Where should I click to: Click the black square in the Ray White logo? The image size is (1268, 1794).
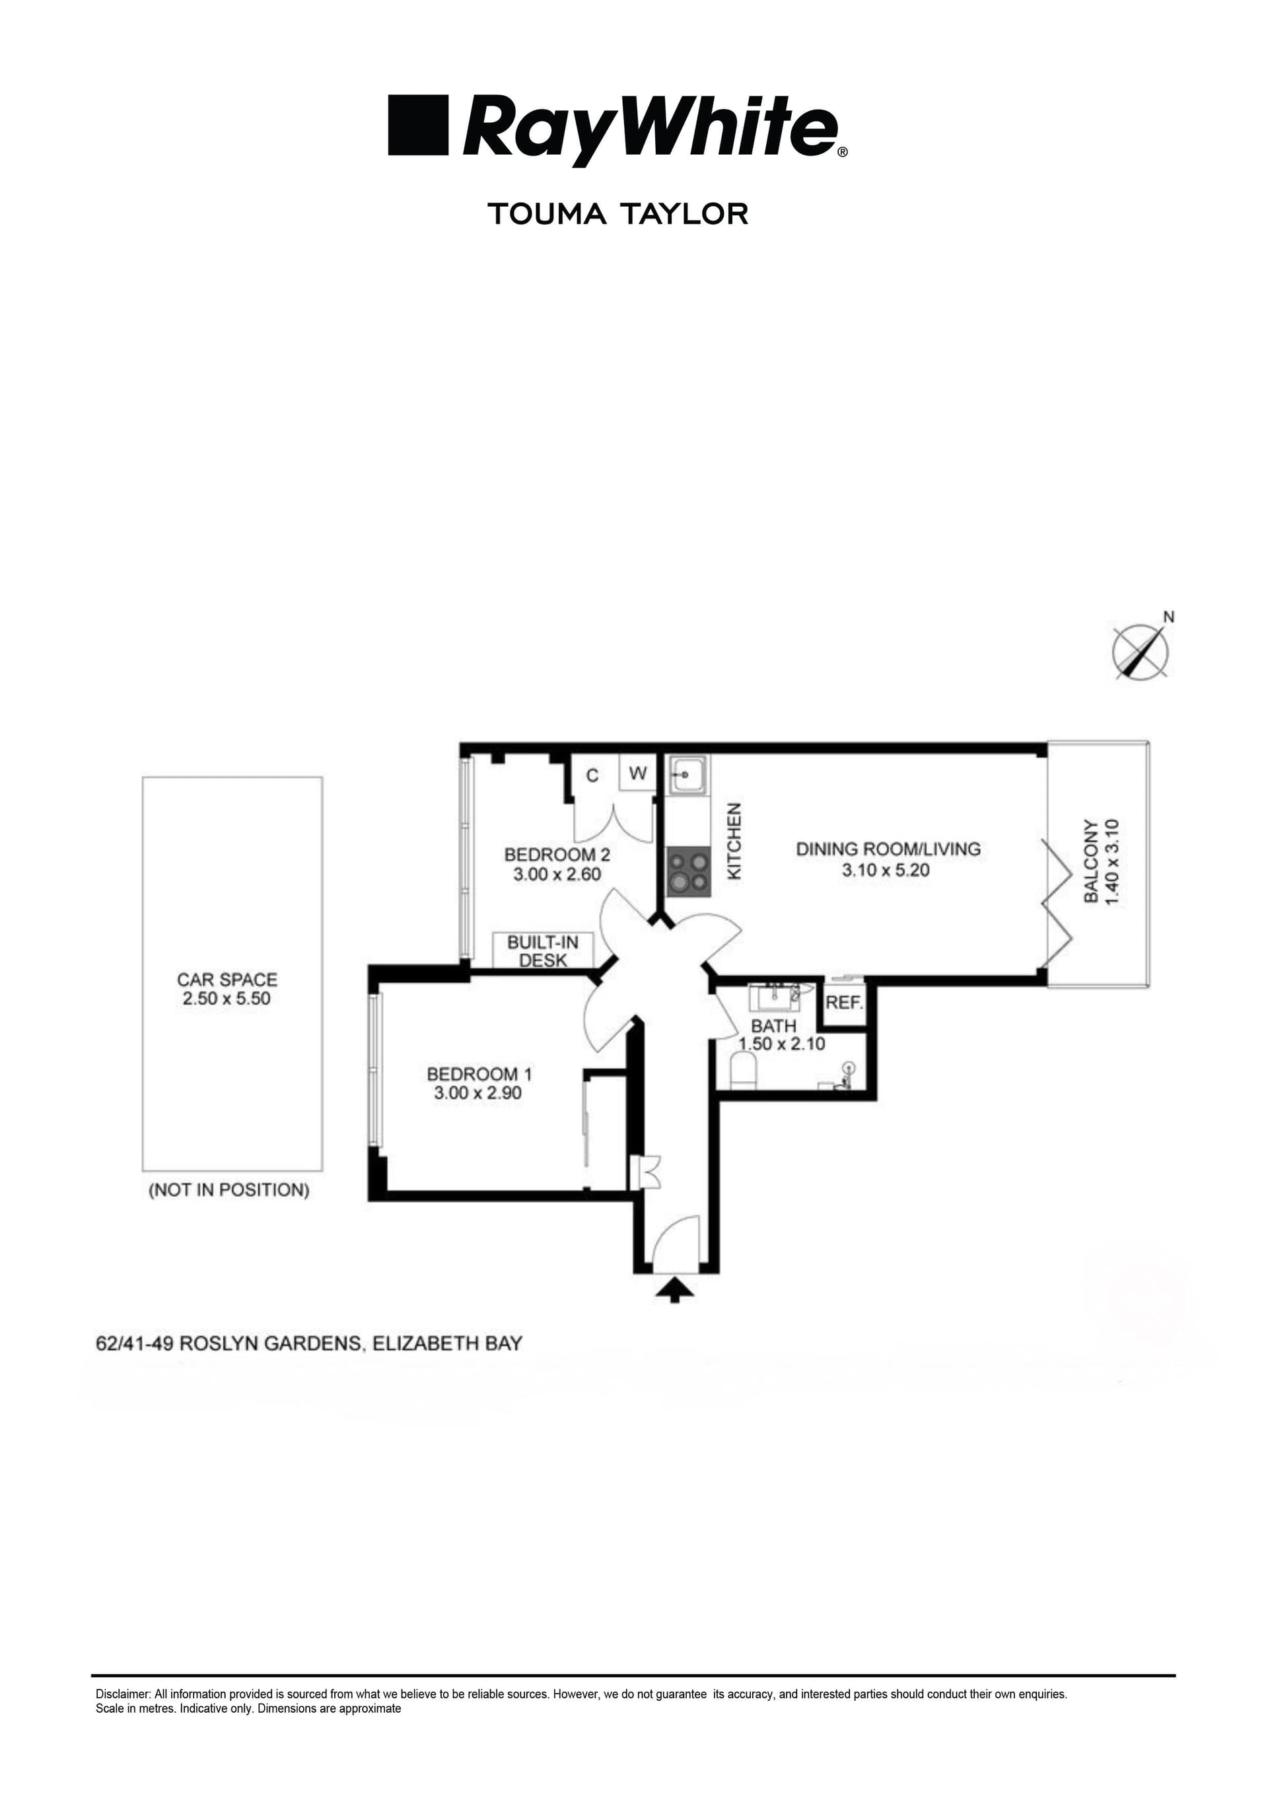418,125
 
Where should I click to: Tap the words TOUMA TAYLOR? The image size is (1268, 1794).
617,213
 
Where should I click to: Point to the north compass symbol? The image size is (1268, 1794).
1140,650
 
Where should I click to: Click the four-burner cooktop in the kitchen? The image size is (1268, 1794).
688,872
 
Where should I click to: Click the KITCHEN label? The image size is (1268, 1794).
734,842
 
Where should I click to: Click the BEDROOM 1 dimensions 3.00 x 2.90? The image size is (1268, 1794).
477,1093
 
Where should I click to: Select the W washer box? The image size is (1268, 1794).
637,773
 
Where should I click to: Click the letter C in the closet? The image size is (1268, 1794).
592,775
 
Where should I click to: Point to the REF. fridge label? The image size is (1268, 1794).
844,1003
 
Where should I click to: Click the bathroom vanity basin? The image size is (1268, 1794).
773,998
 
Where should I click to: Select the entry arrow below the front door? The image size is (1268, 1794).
674,1289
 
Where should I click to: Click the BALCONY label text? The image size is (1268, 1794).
1090,861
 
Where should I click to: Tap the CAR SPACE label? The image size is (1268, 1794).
227,979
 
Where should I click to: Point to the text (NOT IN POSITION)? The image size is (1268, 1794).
229,1190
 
